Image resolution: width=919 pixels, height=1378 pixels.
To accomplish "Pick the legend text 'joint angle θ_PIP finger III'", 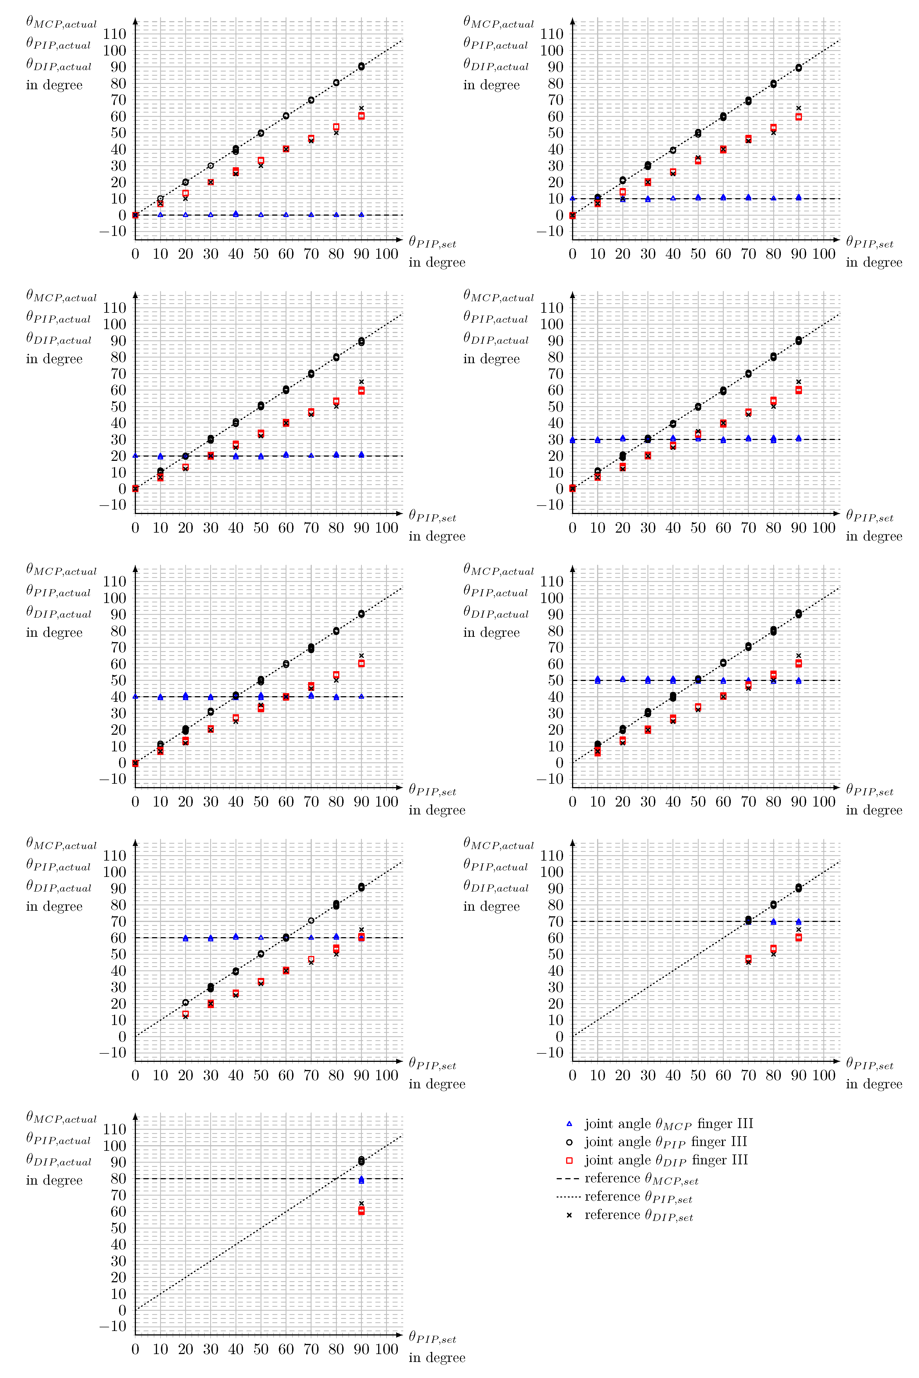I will click(x=666, y=1142).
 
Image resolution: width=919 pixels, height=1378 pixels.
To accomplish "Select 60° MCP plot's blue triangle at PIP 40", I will click(x=236, y=937).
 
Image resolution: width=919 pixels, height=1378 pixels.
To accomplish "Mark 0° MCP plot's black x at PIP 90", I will click(x=361, y=108).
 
